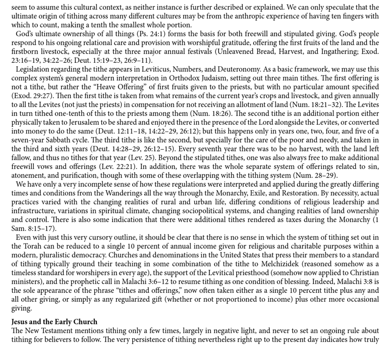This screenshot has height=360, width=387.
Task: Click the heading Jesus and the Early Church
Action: tap(54, 321)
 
